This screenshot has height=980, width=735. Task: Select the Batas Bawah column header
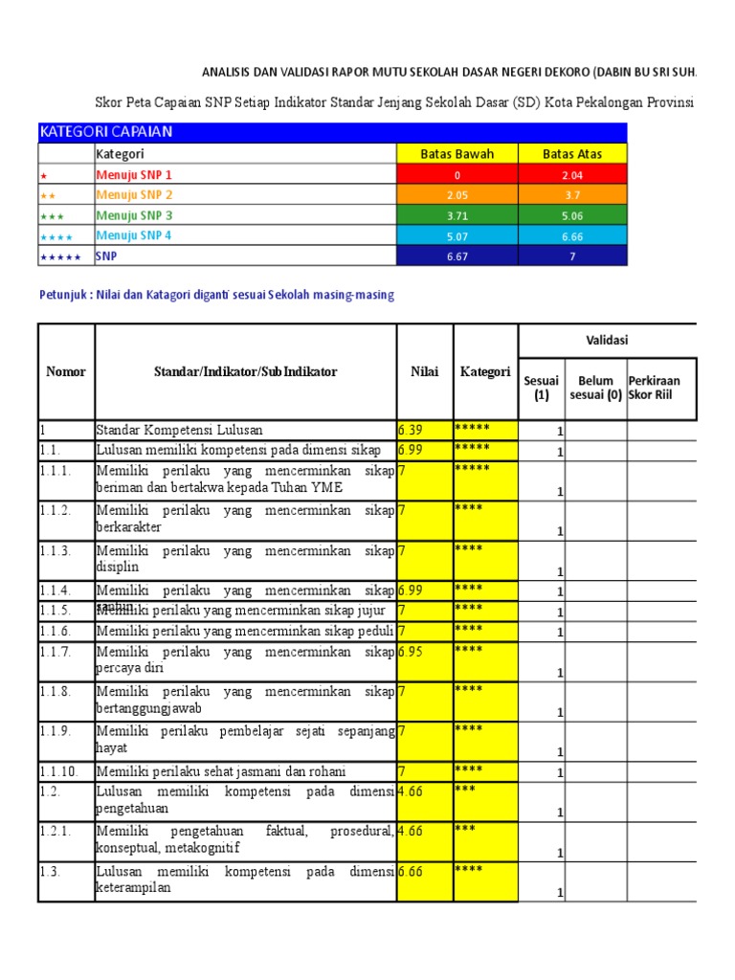click(x=457, y=153)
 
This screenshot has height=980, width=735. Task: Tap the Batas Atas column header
click(x=572, y=153)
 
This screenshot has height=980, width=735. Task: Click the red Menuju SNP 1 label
click(x=134, y=174)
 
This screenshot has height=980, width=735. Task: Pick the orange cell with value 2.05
click(x=457, y=194)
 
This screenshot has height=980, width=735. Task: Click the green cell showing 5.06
click(x=572, y=215)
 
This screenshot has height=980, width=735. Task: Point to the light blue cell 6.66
click(x=572, y=235)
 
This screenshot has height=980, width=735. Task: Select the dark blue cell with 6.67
click(x=457, y=256)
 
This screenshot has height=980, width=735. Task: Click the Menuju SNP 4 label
click(x=134, y=234)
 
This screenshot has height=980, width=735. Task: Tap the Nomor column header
click(x=66, y=371)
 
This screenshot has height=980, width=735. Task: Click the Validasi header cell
click(x=607, y=340)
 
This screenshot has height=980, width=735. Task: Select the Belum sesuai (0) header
click(x=595, y=388)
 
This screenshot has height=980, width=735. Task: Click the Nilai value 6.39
click(x=411, y=430)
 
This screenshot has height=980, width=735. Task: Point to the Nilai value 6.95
click(x=411, y=651)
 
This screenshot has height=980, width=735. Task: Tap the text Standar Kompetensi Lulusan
click(x=179, y=430)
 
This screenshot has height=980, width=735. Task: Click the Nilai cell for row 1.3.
click(x=411, y=871)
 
